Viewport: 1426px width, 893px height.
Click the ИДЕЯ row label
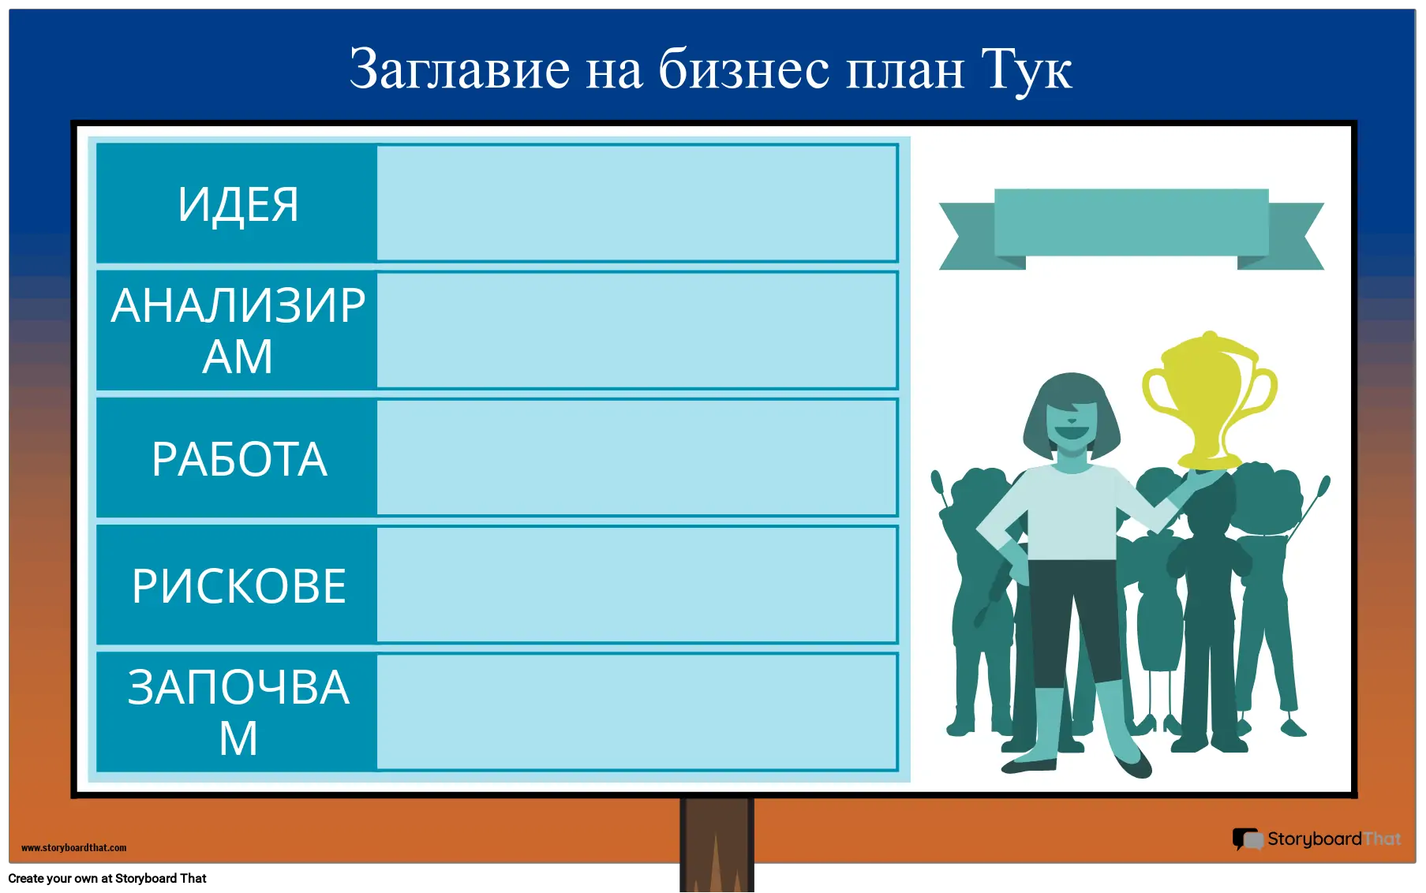pos(238,204)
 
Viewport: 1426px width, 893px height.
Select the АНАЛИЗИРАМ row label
pos(238,331)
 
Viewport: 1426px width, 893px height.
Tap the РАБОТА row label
pos(239,459)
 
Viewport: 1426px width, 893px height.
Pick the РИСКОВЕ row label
pos(239,586)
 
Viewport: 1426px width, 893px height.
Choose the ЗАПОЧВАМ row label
pos(238,712)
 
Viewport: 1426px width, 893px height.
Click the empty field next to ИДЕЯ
pos(637,203)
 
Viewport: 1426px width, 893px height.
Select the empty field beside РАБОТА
pos(637,458)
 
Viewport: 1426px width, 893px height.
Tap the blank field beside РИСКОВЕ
pos(637,585)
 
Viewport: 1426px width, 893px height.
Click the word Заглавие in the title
pos(459,69)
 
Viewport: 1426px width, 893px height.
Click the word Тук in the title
pos(1026,69)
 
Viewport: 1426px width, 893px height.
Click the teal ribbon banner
pos(1131,229)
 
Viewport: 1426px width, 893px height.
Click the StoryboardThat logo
pos(1317,839)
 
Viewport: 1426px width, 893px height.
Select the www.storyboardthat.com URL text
pos(74,848)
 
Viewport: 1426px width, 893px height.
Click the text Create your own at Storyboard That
pos(107,879)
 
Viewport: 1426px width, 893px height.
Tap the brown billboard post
pos(717,845)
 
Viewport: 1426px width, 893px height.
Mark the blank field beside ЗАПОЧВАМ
pos(637,712)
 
